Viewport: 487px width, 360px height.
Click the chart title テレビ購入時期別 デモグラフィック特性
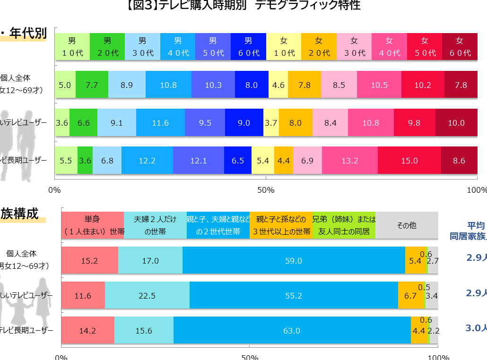(243, 6)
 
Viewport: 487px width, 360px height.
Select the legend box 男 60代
(248, 46)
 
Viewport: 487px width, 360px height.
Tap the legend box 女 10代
(284, 46)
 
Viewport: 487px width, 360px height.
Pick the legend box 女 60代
(460, 46)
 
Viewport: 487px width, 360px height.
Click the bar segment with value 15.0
(409, 161)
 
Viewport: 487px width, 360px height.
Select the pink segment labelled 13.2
(350, 161)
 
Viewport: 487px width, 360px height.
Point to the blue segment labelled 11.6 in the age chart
(160, 123)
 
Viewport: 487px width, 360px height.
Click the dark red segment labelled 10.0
(456, 123)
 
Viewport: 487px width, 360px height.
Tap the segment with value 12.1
(198, 161)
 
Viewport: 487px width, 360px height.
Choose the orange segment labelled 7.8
(304, 85)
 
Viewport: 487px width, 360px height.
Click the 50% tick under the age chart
(266, 190)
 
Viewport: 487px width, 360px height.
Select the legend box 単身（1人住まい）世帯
(92, 225)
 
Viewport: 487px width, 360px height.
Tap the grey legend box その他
(407, 225)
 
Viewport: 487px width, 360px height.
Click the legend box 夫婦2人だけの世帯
(155, 225)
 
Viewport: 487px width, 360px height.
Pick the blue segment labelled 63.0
(292, 331)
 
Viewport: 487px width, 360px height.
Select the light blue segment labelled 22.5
(147, 295)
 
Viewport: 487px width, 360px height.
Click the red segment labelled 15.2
(89, 260)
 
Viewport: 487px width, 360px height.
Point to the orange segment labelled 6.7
(407, 295)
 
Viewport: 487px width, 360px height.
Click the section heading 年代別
(27, 34)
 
